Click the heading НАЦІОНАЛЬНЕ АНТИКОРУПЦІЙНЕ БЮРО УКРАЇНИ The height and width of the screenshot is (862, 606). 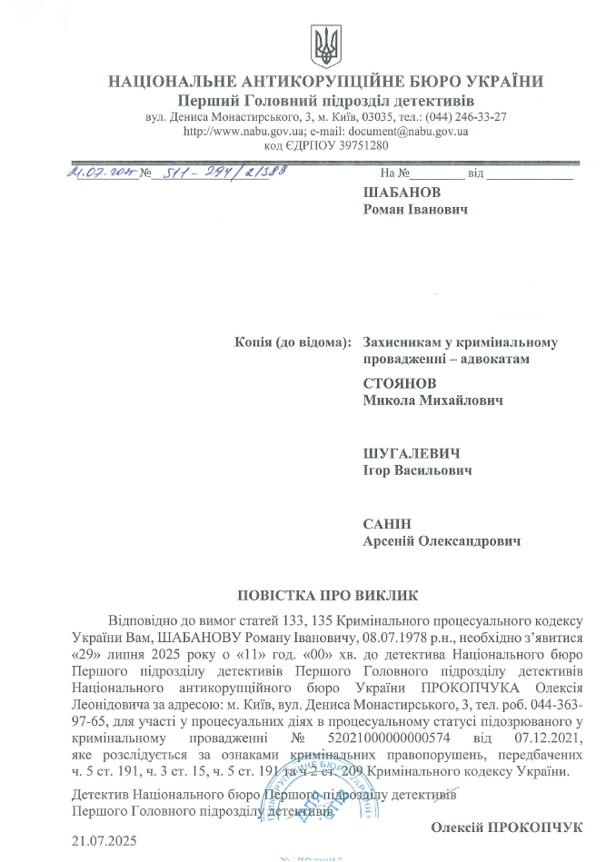[326, 82]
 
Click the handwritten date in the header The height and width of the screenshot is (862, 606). [101, 171]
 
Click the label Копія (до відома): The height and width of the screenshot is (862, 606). [293, 342]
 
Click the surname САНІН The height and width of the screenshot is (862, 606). [386, 524]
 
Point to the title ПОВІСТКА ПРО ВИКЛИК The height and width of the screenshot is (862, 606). [328, 596]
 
